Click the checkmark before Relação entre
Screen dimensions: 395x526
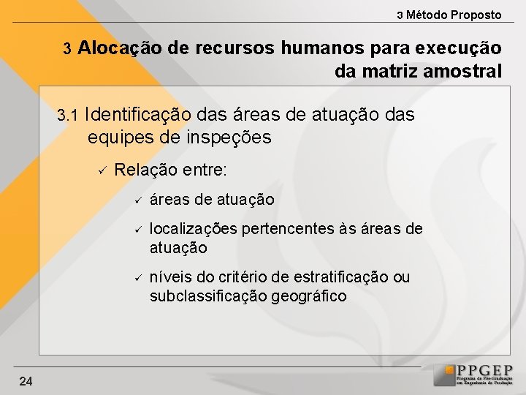coord(103,170)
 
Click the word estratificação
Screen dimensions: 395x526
coord(341,277)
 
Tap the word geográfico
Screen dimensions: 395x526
coord(307,296)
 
